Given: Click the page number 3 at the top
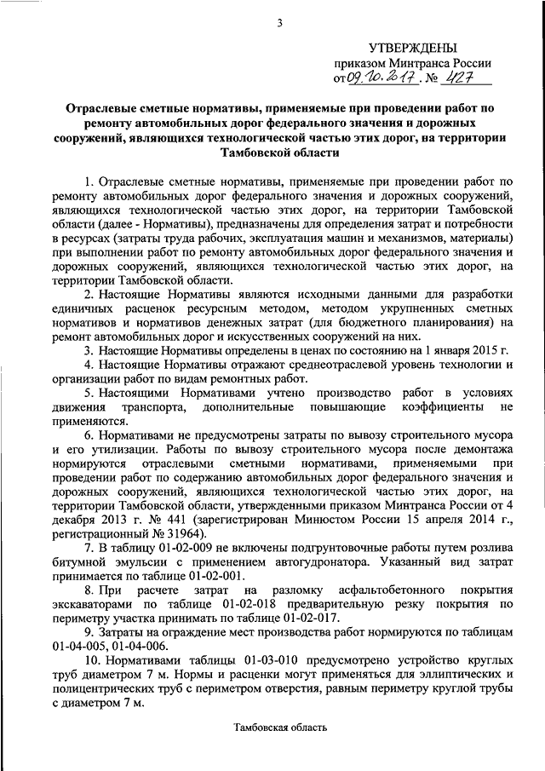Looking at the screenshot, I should click(278, 22).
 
